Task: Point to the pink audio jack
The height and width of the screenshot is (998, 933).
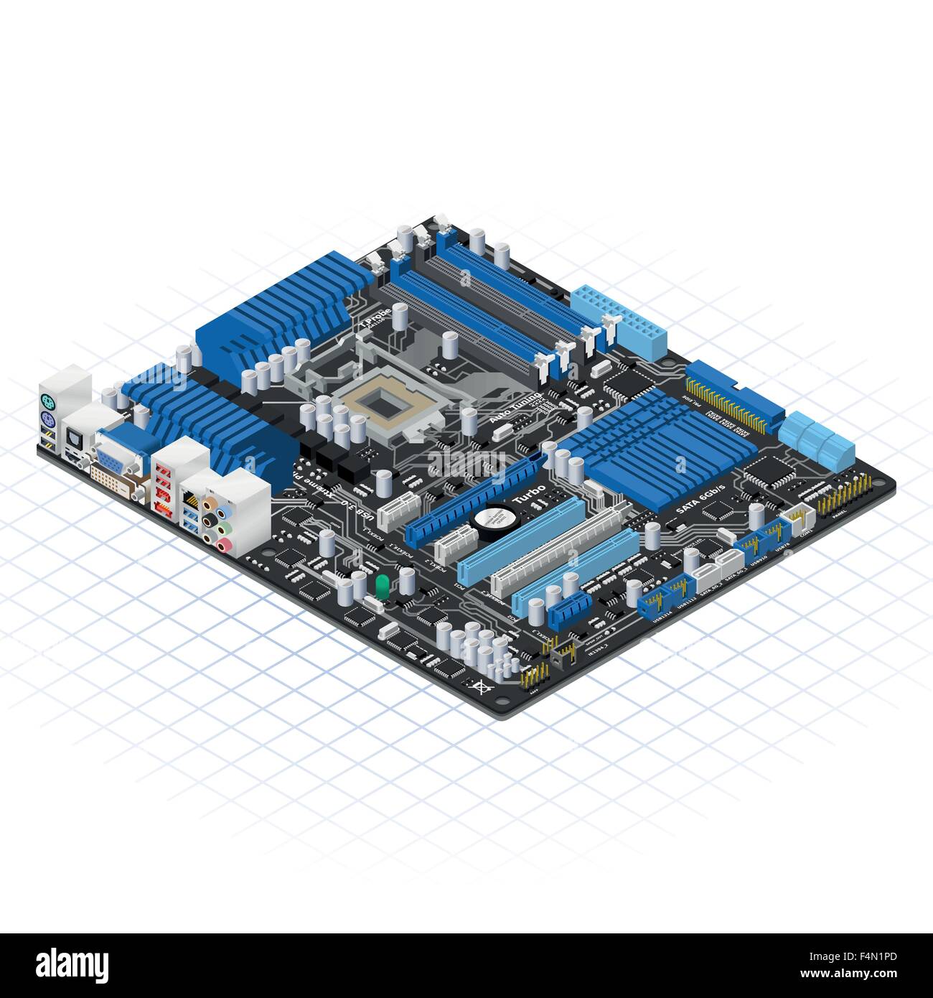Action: tap(225, 547)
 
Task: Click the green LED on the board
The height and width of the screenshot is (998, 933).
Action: tap(382, 585)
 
